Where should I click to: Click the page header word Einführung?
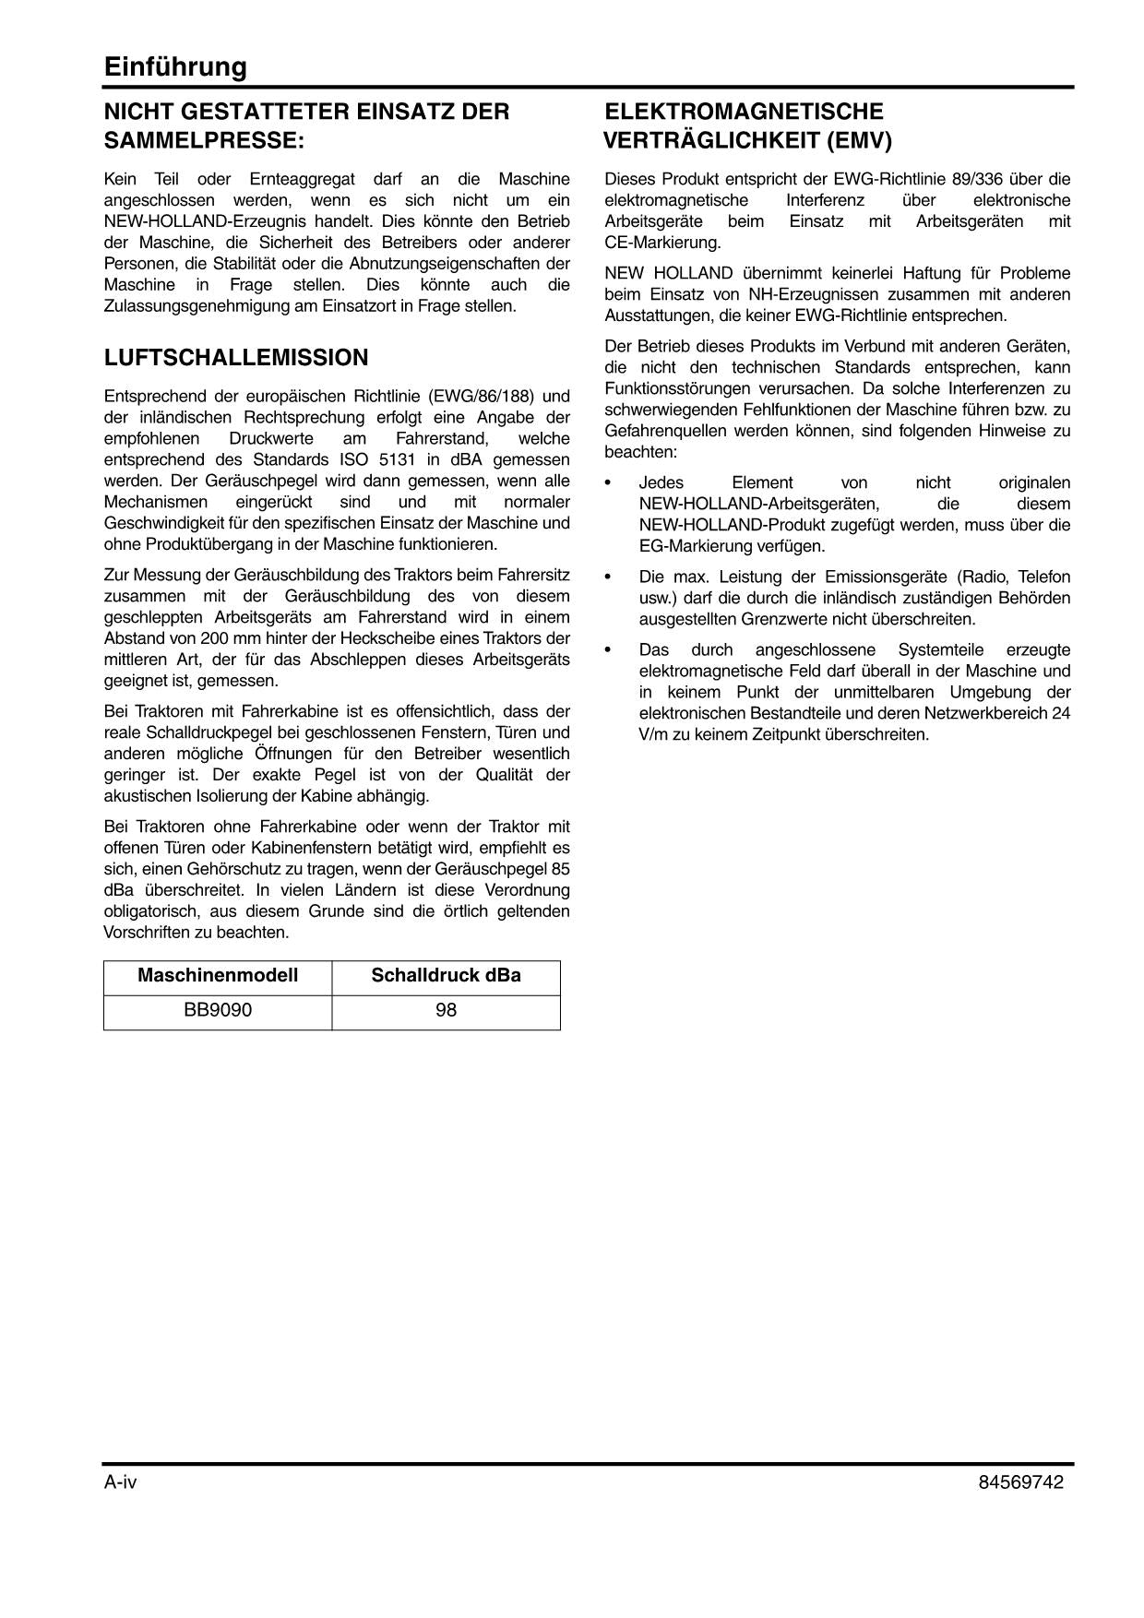175,67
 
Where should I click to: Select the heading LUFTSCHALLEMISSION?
236,358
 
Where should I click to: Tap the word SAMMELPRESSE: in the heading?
204,141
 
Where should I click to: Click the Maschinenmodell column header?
218,976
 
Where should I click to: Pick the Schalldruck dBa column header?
446,976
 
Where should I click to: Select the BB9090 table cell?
218,1010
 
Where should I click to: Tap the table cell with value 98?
446,1010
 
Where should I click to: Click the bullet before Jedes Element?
607,483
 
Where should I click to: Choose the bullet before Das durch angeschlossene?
607,650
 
